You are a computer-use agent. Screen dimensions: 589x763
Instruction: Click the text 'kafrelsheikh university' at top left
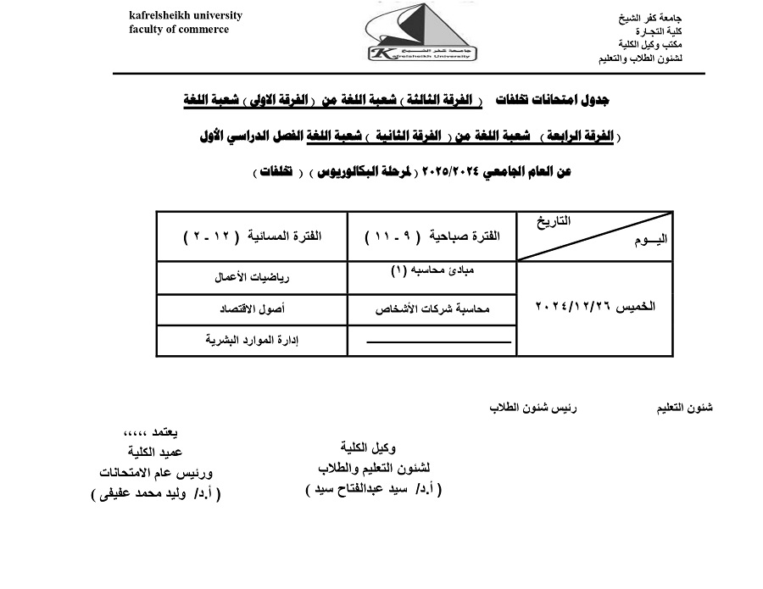(186, 15)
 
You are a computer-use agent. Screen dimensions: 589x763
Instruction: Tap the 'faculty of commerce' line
(179, 30)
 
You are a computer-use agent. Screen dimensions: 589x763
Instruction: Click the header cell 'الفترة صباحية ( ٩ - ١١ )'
(432, 236)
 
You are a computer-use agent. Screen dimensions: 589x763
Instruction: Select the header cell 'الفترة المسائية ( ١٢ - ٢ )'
(253, 236)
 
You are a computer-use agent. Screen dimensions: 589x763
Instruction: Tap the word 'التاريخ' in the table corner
(552, 221)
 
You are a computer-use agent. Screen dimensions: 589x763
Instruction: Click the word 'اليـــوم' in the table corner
(650, 240)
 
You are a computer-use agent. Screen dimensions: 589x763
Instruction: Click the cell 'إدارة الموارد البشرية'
(252, 340)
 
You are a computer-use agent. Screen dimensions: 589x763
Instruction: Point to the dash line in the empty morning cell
(439, 342)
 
